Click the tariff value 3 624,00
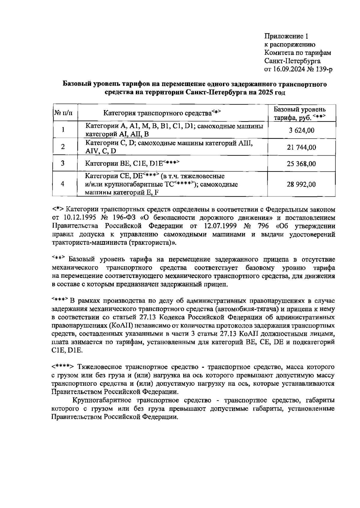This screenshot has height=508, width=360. (x=301, y=130)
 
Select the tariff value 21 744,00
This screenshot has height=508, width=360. (x=301, y=147)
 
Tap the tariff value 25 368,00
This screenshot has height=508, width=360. (x=301, y=164)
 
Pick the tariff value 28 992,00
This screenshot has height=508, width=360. (x=301, y=184)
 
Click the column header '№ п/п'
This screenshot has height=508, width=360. (x=63, y=113)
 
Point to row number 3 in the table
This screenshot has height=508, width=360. (x=63, y=163)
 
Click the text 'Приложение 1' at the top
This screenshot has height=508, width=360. (x=286, y=37)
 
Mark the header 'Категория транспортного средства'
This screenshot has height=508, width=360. (x=157, y=113)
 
